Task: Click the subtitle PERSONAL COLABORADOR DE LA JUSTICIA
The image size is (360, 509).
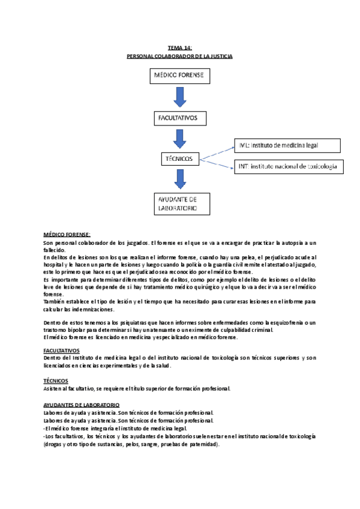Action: pyautogui.click(x=179, y=56)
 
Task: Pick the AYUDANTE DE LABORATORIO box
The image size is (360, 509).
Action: pyautogui.click(x=183, y=203)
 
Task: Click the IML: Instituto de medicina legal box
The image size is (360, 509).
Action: pyautogui.click(x=287, y=145)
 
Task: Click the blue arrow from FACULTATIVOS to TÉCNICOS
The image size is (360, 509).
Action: pyautogui.click(x=179, y=138)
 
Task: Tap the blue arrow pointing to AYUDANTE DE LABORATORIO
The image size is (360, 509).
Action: pyautogui.click(x=179, y=179)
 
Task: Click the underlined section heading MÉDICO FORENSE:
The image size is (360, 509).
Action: pyautogui.click(x=67, y=234)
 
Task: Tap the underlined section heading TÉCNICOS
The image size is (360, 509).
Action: pyautogui.click(x=56, y=381)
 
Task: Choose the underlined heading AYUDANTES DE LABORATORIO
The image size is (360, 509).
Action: pyautogui.click(x=82, y=405)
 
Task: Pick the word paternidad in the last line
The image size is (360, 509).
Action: pyautogui.click(x=201, y=445)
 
